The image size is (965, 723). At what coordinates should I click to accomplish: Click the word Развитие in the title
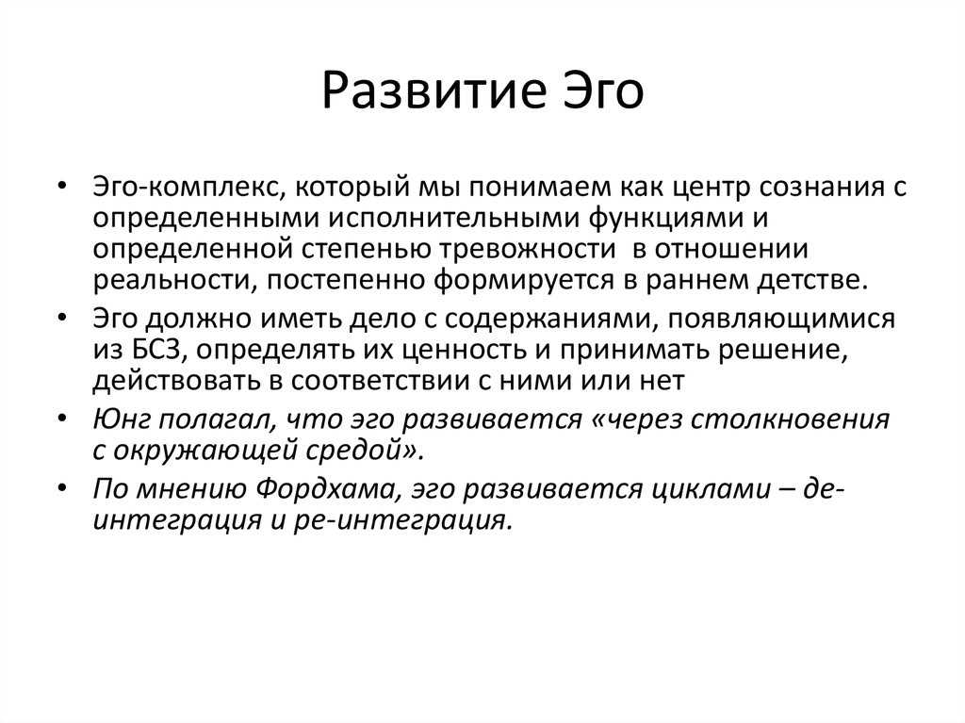[433, 91]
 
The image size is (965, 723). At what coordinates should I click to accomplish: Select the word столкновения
[790, 420]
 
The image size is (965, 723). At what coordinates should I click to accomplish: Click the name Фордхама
[325, 489]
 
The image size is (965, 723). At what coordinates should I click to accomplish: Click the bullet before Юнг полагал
[61, 419]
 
